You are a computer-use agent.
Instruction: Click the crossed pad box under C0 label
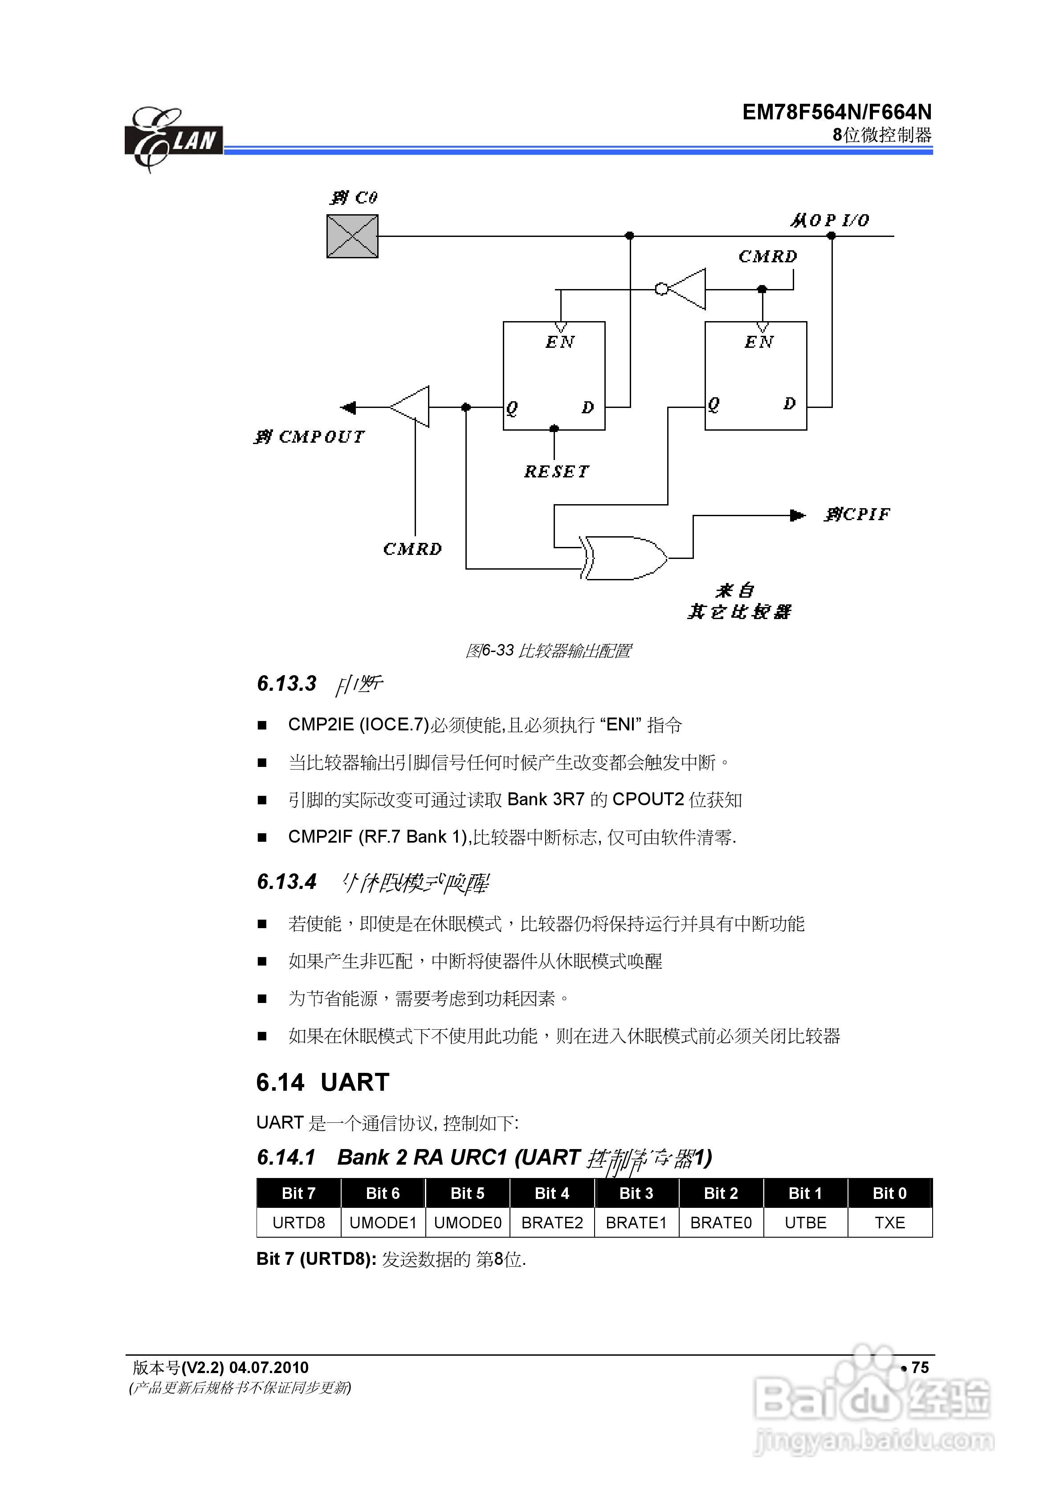pyautogui.click(x=352, y=236)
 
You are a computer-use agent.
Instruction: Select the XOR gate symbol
pyautogui.click(x=624, y=558)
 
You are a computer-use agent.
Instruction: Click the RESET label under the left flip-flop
pyautogui.click(x=556, y=472)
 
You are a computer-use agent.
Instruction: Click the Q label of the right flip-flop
pyautogui.click(x=713, y=404)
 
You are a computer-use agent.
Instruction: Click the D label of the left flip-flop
pyautogui.click(x=587, y=408)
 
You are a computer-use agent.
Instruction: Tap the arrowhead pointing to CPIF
pyautogui.click(x=797, y=515)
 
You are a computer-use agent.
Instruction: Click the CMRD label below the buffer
pyautogui.click(x=412, y=549)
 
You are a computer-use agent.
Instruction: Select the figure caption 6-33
pyautogui.click(x=548, y=651)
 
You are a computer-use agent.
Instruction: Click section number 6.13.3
pyautogui.click(x=286, y=683)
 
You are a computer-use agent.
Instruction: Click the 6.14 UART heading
pyautogui.click(x=323, y=1083)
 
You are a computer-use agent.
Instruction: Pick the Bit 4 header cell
pyautogui.click(x=551, y=1194)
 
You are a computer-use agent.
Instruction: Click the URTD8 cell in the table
pyautogui.click(x=299, y=1223)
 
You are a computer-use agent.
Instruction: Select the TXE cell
pyautogui.click(x=889, y=1223)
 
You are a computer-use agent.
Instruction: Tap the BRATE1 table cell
pyautogui.click(x=636, y=1223)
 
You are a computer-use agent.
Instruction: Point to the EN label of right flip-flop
pyautogui.click(x=759, y=342)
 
